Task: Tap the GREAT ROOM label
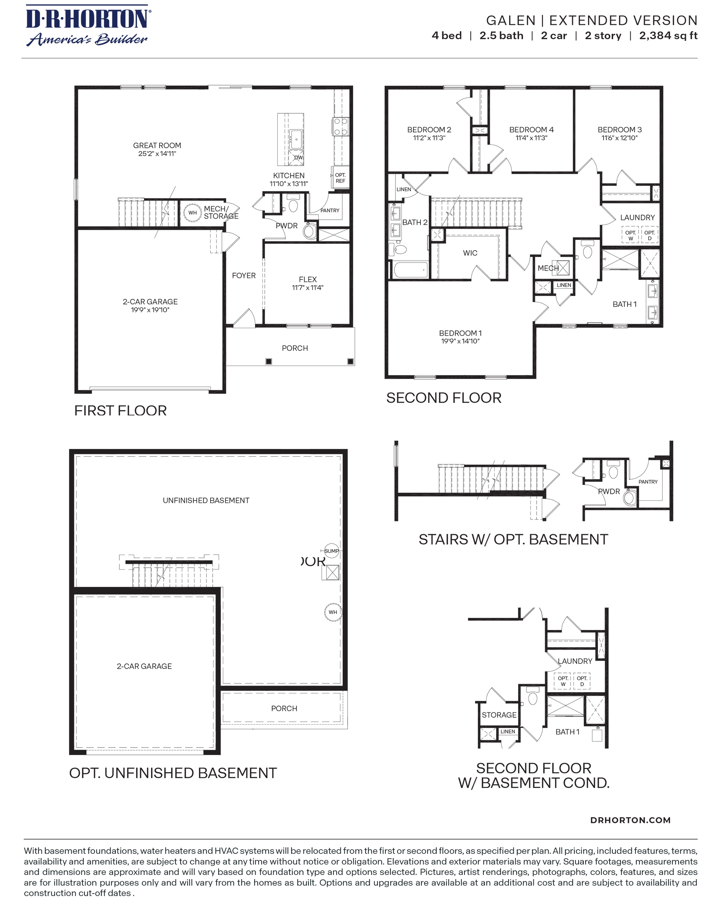[157, 145]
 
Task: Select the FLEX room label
[308, 279]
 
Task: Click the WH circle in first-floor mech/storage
[192, 213]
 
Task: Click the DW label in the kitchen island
[298, 158]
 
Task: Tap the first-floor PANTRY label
[330, 210]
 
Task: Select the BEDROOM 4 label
[531, 130]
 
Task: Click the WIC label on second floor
[470, 253]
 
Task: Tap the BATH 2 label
[414, 222]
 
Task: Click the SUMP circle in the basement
[331, 551]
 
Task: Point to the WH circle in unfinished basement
[333, 612]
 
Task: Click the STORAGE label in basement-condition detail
[499, 715]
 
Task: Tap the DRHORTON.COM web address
[630, 820]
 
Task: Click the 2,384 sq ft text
[668, 36]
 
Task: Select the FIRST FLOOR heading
[120, 410]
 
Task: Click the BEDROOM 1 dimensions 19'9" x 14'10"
[460, 341]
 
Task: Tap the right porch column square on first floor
[351, 361]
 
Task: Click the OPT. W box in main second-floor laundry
[630, 235]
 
